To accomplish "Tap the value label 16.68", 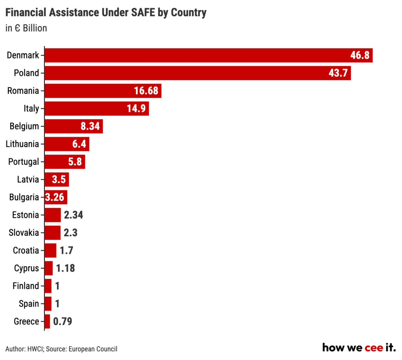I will pos(146,91).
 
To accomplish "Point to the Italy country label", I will pos(31,108).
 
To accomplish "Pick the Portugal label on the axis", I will pos(24,162).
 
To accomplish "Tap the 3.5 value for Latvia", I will pos(59,180).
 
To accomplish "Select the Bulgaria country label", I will pos(24,197).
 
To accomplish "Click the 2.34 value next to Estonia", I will pos(73,215).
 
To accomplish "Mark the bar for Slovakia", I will pos(53,233).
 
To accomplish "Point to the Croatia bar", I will pos(50,250).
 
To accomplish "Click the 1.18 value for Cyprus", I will pos(65,268).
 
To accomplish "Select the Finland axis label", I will pos(26,286).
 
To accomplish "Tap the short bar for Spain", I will pos(48,304).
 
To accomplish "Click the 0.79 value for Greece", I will pos(63,321).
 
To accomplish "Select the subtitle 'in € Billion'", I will pos(26,28).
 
